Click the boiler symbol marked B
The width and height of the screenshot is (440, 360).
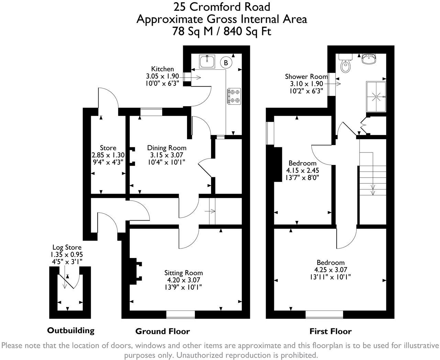[x=226, y=63]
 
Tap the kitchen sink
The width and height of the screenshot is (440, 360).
[x=207, y=62]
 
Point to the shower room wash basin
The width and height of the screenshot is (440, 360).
[x=368, y=59]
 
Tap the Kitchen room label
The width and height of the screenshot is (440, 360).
[x=163, y=69]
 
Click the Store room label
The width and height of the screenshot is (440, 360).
[x=108, y=148]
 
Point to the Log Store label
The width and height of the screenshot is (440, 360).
[x=67, y=247]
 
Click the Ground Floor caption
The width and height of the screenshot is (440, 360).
[x=162, y=331]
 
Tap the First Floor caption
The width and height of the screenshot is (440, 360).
[x=330, y=331]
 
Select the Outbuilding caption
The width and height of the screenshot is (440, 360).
[x=70, y=330]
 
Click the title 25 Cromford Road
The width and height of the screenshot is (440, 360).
[x=221, y=7]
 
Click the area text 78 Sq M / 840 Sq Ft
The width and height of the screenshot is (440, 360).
[x=221, y=31]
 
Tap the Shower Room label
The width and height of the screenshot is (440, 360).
[x=306, y=77]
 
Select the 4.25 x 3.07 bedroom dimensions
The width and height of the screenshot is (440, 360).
[x=330, y=270]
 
